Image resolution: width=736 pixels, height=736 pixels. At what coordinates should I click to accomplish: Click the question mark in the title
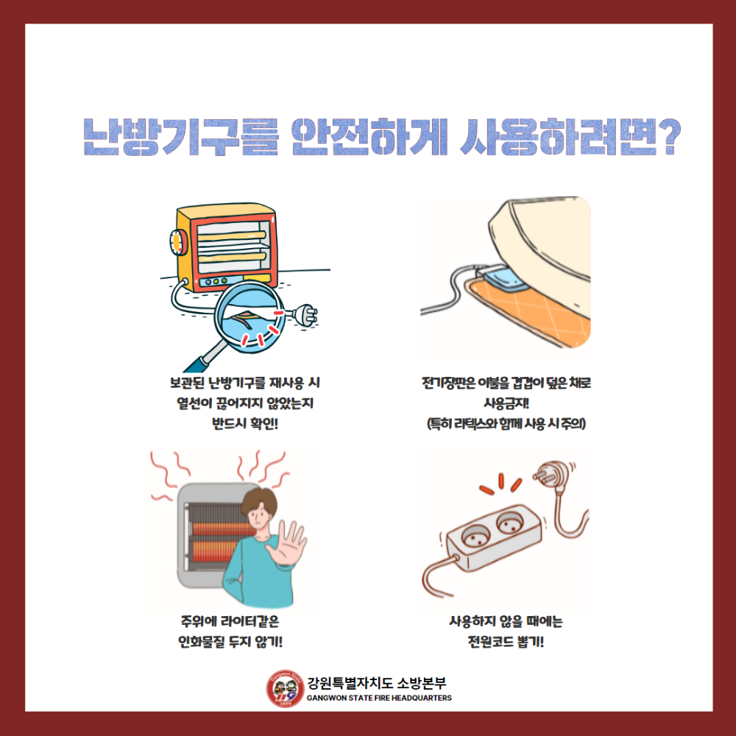665,138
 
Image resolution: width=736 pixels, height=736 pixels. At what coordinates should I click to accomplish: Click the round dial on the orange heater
177,242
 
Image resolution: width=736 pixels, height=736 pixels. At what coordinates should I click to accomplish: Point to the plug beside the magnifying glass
304,315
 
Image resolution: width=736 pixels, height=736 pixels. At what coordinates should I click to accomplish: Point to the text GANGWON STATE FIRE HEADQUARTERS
379,698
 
